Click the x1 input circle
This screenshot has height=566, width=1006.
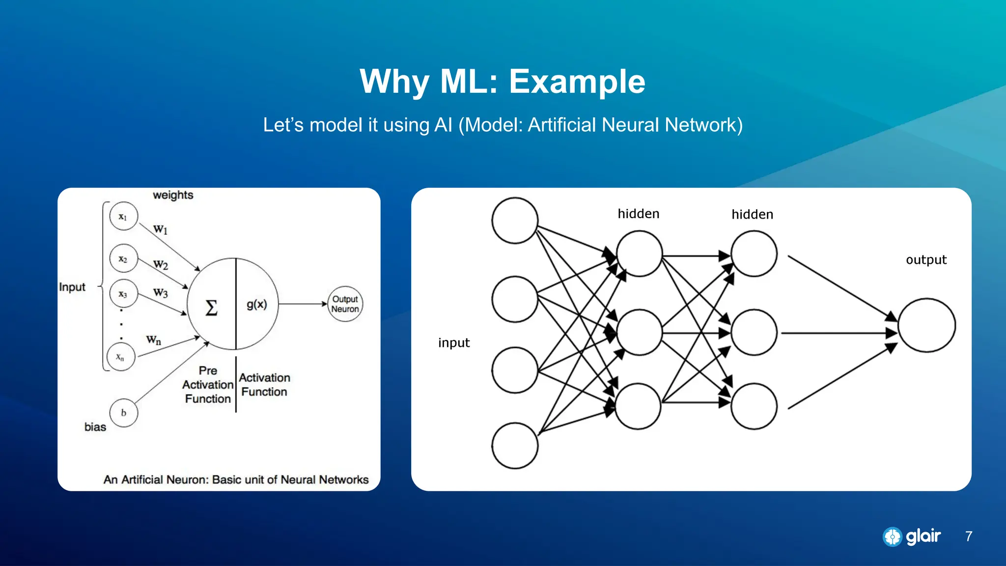(123, 216)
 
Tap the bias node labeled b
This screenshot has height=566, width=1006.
(123, 413)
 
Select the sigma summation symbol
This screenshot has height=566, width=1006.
(211, 308)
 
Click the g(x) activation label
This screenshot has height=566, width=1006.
(257, 304)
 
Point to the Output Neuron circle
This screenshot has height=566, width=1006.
(345, 304)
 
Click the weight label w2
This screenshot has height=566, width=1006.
(161, 265)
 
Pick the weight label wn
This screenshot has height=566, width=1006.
(153, 340)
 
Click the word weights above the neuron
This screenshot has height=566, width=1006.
(173, 195)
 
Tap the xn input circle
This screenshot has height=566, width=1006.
(120, 357)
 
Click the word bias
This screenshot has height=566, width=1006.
(95, 427)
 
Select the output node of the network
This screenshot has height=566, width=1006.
(926, 325)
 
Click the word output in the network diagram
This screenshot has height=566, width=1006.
(926, 259)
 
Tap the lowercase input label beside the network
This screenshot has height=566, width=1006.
(454, 342)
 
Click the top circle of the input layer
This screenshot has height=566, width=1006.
(515, 221)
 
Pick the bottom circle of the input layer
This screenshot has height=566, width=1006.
(515, 446)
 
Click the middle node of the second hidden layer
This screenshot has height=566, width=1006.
(754, 333)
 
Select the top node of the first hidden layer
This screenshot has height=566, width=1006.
(639, 254)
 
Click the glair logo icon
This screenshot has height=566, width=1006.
(892, 537)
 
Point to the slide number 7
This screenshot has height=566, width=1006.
(968, 536)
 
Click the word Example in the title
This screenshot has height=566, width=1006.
(577, 82)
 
